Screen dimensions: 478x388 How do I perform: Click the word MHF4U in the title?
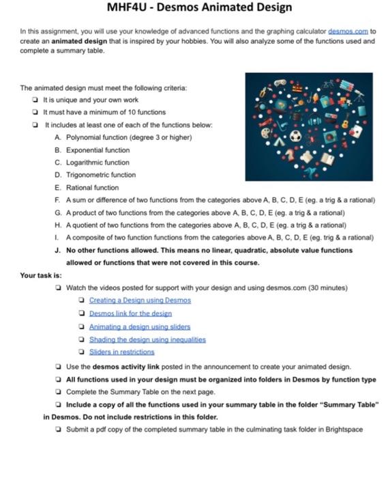click(131, 8)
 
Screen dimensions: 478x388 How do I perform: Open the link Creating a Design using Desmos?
click(140, 300)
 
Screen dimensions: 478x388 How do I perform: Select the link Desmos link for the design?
click(130, 313)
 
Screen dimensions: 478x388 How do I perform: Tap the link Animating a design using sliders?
click(140, 326)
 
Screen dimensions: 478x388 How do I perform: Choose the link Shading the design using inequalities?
click(147, 339)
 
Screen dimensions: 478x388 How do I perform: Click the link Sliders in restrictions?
click(122, 352)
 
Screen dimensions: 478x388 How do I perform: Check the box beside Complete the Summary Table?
click(59, 391)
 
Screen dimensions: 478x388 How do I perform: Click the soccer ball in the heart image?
click(295, 136)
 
